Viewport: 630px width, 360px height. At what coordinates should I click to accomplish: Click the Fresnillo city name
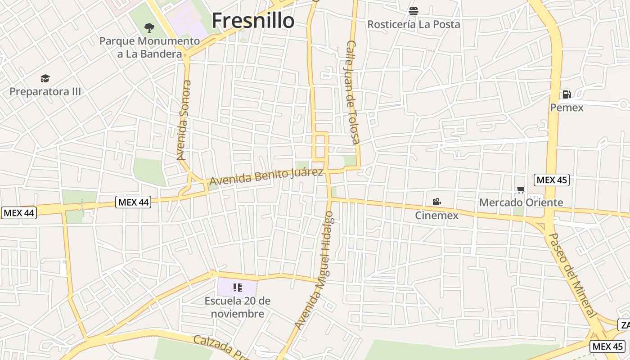253,21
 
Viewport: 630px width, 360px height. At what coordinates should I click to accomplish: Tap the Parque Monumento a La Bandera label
149,47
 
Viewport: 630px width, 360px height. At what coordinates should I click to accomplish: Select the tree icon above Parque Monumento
149,28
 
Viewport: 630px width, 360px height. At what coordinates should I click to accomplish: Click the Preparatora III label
45,91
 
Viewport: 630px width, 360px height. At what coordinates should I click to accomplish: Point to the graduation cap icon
45,79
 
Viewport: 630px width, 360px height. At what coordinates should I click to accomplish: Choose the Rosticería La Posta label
414,24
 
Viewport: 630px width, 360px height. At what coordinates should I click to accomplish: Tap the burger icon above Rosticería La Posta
414,11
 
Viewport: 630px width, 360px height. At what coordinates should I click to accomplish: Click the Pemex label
567,108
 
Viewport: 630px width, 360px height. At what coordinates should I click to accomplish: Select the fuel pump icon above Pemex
567,94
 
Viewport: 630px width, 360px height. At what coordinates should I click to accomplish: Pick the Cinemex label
436,216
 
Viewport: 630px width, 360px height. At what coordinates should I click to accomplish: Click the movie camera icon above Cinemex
436,202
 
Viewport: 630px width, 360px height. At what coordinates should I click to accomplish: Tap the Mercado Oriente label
521,202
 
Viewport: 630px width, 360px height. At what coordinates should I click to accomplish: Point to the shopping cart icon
521,189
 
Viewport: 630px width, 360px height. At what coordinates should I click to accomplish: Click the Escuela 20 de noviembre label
238,307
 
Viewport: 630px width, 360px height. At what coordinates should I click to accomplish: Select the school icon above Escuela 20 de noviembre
238,288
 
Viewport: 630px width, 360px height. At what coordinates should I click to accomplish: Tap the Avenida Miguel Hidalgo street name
315,270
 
